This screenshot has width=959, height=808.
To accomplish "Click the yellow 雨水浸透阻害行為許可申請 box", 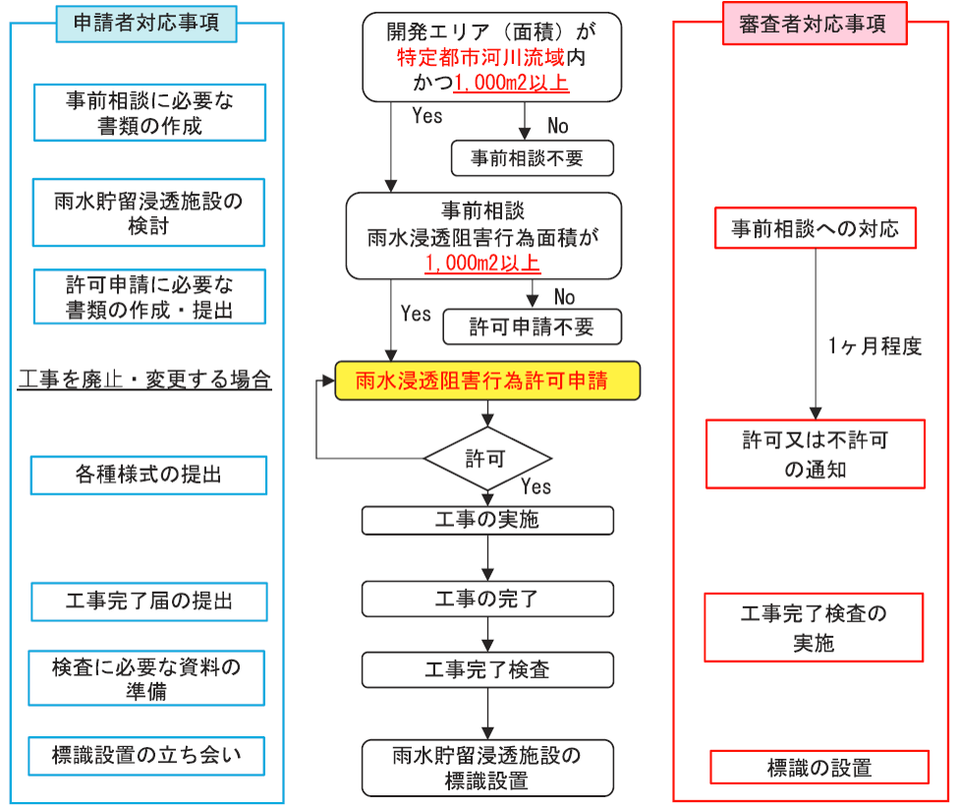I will click(x=487, y=380).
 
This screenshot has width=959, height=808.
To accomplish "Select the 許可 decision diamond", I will click(x=487, y=458).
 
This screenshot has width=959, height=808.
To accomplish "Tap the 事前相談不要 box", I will click(x=532, y=157).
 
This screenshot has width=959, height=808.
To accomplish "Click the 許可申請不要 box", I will click(x=532, y=326).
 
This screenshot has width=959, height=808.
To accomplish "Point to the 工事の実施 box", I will click(x=487, y=520).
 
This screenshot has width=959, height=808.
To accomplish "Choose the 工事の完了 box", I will click(x=487, y=598).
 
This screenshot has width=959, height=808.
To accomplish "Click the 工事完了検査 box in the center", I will click(x=487, y=669).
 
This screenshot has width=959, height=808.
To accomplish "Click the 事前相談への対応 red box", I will click(x=815, y=229).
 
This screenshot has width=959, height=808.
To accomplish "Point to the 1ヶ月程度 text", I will click(x=874, y=346).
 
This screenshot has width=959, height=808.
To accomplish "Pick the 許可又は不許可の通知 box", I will click(x=815, y=453).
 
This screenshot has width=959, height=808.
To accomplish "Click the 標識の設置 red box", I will click(x=818, y=767).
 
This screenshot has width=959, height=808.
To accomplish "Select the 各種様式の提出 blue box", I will click(x=148, y=475).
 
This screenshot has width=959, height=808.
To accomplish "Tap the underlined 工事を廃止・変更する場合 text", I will click(x=144, y=380).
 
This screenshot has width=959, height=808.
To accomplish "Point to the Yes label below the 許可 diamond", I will click(x=536, y=487).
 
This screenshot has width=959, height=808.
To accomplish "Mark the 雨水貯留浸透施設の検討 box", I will click(x=148, y=211).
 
